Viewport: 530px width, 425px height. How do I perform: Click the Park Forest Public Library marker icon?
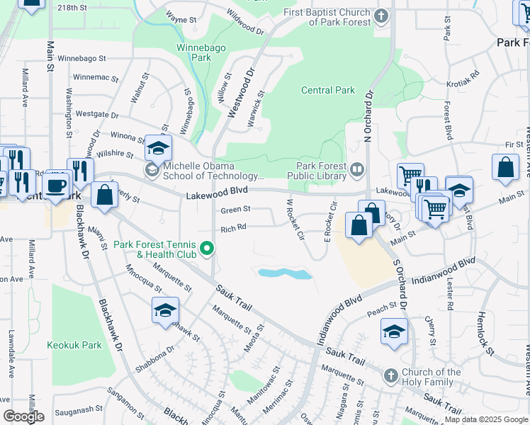[x=357, y=169]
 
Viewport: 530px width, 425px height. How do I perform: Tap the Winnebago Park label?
[x=193, y=52]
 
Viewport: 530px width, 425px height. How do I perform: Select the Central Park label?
[x=327, y=90]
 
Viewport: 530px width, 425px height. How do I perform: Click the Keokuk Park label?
[x=74, y=346]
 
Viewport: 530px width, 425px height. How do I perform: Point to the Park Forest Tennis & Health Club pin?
[x=207, y=248]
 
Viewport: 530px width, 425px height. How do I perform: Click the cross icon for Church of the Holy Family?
[x=390, y=375]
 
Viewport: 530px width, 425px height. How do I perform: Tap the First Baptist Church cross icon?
[x=381, y=16]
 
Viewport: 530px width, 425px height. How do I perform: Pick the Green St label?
[x=236, y=210]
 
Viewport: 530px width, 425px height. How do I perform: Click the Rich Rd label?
[x=233, y=228]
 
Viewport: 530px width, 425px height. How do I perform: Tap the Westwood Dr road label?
[x=241, y=92]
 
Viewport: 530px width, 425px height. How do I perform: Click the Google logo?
[x=23, y=416]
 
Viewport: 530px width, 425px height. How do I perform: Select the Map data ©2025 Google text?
[x=485, y=419]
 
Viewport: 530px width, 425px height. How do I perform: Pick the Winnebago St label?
[x=81, y=58]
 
